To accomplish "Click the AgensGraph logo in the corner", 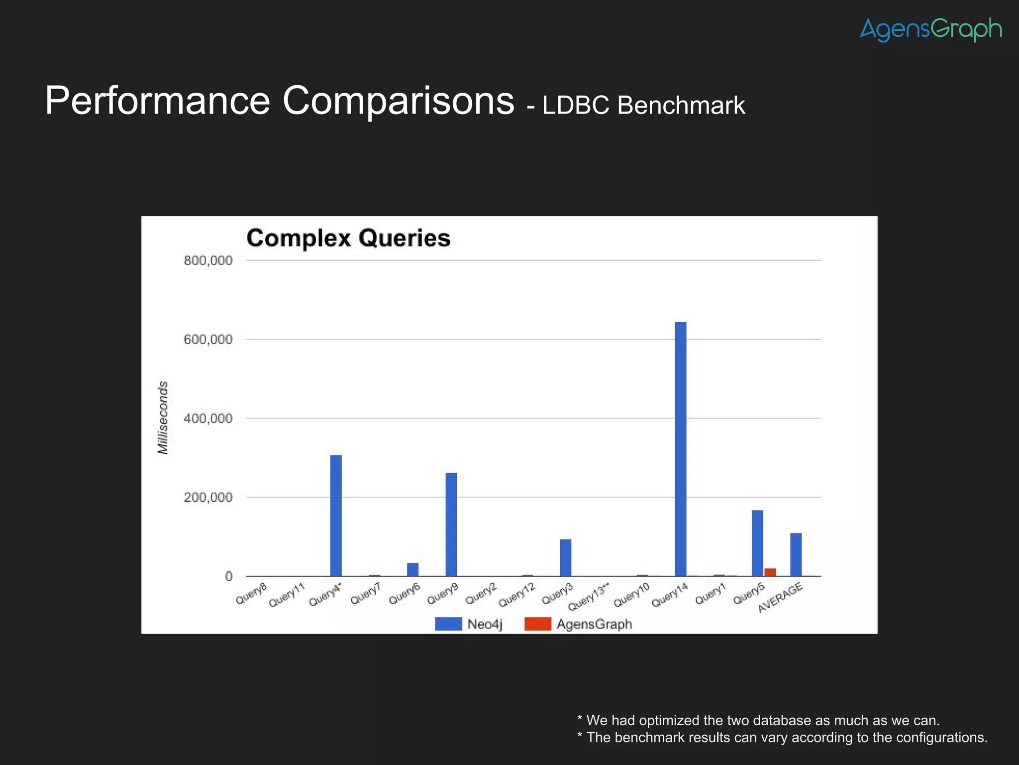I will (930, 29).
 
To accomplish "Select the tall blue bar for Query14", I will (680, 448).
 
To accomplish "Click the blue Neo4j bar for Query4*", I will (336, 515).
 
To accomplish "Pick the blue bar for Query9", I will (451, 524).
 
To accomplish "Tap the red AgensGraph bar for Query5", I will (770, 572).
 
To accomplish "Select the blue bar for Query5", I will (757, 543).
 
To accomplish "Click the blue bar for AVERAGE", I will (796, 554).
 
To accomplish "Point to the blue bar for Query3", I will (565, 557).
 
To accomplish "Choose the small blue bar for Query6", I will (412, 569).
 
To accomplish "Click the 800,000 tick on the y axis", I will (208, 260).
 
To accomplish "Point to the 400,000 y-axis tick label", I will (208, 418).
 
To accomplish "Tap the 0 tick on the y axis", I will (228, 576).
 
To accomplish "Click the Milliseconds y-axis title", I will (163, 417).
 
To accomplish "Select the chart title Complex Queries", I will (348, 238).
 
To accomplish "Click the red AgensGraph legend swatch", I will (537, 624).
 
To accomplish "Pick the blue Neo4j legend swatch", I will (448, 624).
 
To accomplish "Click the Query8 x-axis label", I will (251, 594).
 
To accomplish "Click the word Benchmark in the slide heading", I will (681, 106).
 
